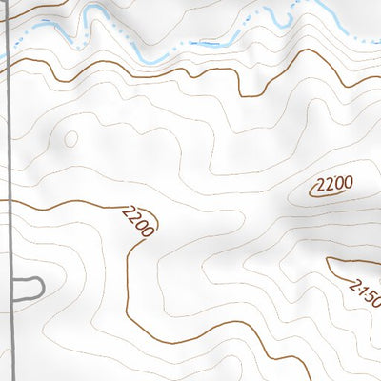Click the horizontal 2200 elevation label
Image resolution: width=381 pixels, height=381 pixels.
pyautogui.click(x=333, y=184)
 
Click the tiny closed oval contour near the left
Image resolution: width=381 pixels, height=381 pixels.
pyautogui.click(x=70, y=139)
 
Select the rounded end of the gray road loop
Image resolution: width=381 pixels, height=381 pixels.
pyautogui.click(x=42, y=286)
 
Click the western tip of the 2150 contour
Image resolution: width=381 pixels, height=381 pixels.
pyautogui.click(x=328, y=259)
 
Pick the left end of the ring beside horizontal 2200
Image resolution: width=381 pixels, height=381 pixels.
pyautogui.click(x=311, y=191)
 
